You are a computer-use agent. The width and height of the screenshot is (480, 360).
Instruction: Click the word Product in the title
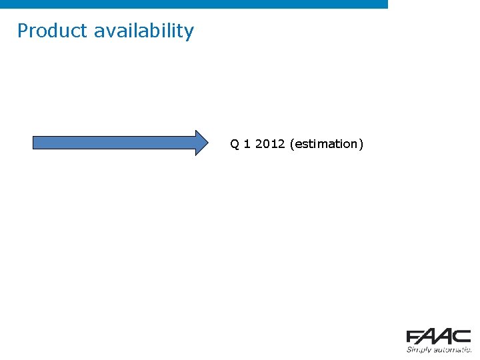click(x=53, y=31)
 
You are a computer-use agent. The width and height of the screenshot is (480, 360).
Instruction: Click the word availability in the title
click(x=144, y=31)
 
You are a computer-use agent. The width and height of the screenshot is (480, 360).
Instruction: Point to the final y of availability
click(x=189, y=32)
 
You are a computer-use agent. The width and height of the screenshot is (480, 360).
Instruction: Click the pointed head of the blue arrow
click(x=201, y=143)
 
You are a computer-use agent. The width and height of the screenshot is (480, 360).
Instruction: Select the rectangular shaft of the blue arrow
click(x=113, y=143)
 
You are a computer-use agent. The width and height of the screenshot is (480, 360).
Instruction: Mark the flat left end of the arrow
click(x=34, y=143)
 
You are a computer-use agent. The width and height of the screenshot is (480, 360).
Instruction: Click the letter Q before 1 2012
click(x=235, y=144)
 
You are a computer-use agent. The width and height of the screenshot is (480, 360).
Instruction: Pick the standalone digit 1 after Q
click(x=247, y=144)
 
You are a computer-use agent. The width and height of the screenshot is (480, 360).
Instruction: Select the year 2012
click(x=270, y=144)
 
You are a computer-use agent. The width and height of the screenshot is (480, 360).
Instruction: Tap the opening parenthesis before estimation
click(x=292, y=144)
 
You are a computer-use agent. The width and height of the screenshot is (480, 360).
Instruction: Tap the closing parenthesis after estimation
click(x=361, y=144)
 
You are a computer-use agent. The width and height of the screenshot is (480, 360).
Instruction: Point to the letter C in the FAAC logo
click(x=463, y=337)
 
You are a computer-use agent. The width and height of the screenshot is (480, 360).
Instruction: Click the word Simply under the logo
click(x=419, y=349)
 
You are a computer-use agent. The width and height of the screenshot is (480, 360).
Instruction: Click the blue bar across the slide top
click(x=193, y=4)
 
